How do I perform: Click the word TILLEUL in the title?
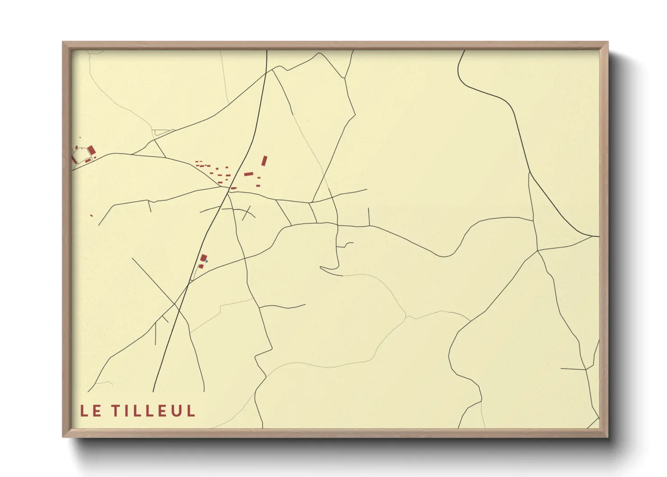point(153,411)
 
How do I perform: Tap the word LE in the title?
point(91,411)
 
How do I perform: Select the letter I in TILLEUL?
point(128,411)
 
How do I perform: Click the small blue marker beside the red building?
point(206,261)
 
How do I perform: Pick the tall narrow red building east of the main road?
point(265,161)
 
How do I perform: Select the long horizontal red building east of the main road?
point(249,174)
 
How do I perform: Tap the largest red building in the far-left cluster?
point(91,150)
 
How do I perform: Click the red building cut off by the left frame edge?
point(74,160)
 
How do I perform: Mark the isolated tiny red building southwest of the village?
point(91,216)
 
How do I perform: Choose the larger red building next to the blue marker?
point(203,258)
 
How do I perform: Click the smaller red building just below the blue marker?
point(201,266)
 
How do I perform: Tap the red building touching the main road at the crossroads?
point(233,188)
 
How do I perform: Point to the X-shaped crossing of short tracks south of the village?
point(246,213)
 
